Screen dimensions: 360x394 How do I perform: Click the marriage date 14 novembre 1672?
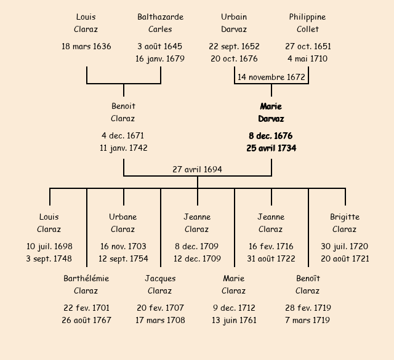pos(271,77)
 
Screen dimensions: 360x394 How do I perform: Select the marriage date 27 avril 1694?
pos(197,169)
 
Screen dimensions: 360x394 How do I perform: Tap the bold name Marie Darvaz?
pos(271,113)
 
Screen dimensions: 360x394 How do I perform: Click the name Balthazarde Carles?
pos(160,23)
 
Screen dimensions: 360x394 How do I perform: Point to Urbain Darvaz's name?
pos(234,23)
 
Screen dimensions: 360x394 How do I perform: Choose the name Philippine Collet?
pos(307,23)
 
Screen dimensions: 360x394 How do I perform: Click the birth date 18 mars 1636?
pos(86,46)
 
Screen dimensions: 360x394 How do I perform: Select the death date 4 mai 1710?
pos(307,59)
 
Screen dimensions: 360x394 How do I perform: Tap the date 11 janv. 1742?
pos(123,148)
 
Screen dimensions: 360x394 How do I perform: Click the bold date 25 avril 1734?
pos(271,148)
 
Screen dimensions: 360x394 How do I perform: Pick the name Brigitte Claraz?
pos(345,223)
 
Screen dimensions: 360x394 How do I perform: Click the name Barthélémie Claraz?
pos(86,284)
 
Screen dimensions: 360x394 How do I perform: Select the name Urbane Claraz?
pos(123,223)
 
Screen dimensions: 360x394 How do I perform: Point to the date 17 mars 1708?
pos(160,320)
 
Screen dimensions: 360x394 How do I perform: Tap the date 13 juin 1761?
pos(234,320)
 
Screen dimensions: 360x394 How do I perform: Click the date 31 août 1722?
pos(271,258)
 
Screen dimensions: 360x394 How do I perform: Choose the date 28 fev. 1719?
pos(308,308)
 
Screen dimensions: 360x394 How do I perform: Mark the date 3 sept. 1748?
pos(49,258)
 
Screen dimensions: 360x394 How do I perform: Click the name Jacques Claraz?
pos(160,284)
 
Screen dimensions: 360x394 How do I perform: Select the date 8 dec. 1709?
pos(197,246)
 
